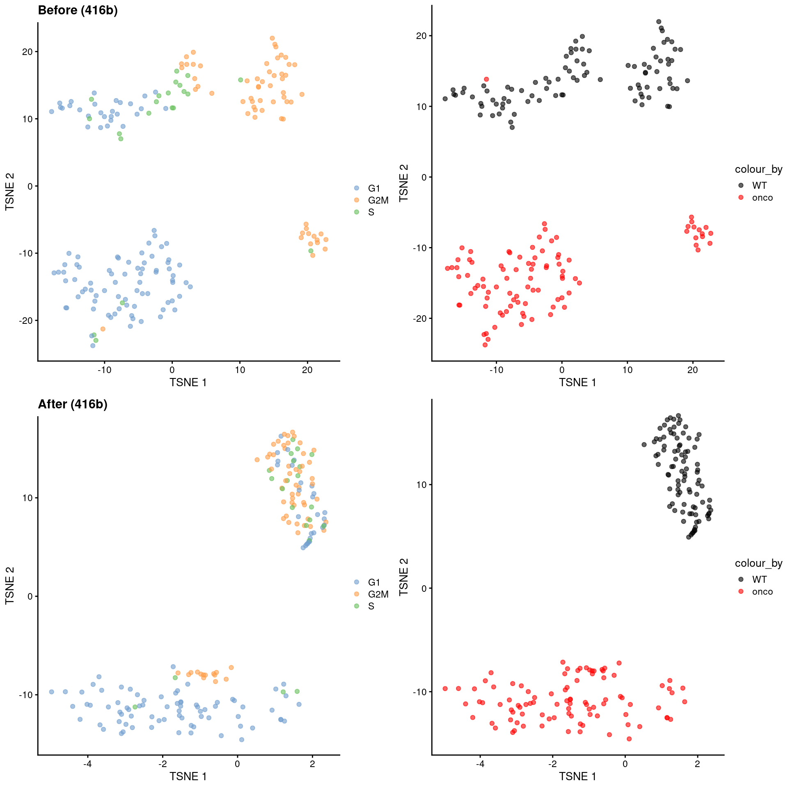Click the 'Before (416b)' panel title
point(78,10)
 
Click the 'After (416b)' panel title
point(73,404)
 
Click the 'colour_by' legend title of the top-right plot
point(758,169)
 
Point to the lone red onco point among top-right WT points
point(486,79)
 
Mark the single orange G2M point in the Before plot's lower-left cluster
point(103,329)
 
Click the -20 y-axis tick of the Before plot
point(26,321)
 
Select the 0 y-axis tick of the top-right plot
point(424,177)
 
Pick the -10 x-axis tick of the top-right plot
point(496,370)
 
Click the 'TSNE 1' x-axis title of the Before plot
point(188,383)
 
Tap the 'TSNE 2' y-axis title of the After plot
point(9,586)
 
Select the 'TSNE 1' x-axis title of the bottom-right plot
point(577,777)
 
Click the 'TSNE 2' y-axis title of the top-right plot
point(404,183)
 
